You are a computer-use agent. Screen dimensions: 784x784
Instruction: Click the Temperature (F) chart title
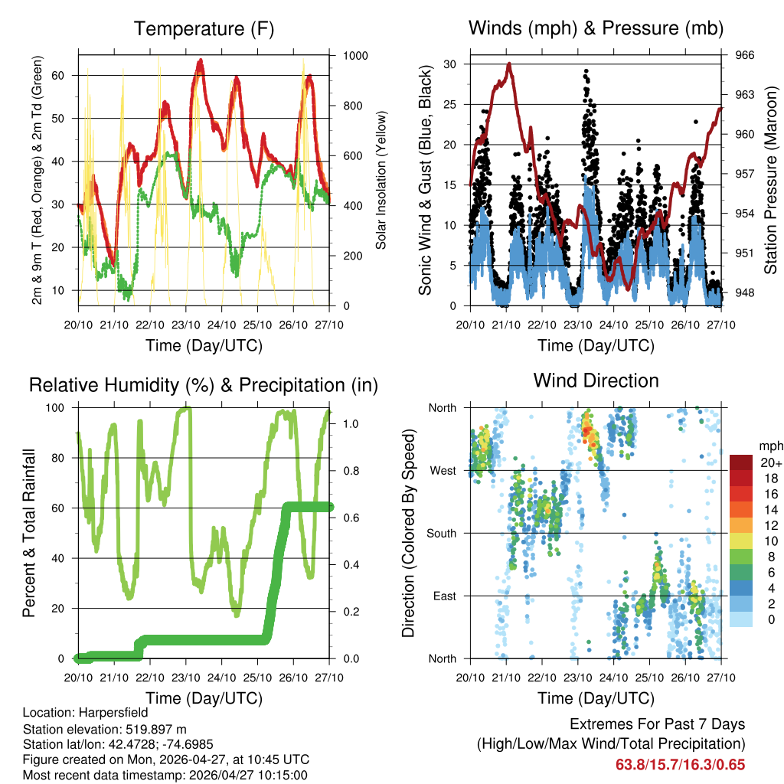pyautogui.click(x=204, y=29)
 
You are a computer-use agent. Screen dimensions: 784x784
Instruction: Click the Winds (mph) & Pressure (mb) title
pyautogui.click(x=596, y=29)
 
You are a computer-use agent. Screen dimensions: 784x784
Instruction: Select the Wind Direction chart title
pyautogui.click(x=596, y=381)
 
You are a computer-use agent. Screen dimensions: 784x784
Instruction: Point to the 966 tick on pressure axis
pyautogui.click(x=745, y=55)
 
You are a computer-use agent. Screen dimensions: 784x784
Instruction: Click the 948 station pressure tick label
pyautogui.click(x=745, y=292)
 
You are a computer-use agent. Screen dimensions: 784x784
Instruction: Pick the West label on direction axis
pyautogui.click(x=443, y=470)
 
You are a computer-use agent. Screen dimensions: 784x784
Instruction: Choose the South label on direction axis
pyautogui.click(x=441, y=533)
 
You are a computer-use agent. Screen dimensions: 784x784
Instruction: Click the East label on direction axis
pyautogui.click(x=444, y=596)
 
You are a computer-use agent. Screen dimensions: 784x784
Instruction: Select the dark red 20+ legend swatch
pyautogui.click(x=740, y=462)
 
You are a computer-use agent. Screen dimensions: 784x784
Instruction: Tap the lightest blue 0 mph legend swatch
pyautogui.click(x=740, y=619)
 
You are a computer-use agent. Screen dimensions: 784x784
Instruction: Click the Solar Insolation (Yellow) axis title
pyautogui.click(x=381, y=180)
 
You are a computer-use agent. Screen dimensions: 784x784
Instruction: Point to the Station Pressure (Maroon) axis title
pyautogui.click(x=771, y=180)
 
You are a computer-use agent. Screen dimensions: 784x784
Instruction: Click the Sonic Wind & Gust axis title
pyautogui.click(x=426, y=180)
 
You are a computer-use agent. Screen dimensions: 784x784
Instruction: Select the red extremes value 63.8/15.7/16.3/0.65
pyautogui.click(x=680, y=764)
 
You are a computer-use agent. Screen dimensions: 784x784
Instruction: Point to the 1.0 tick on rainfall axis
pyautogui.click(x=347, y=423)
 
